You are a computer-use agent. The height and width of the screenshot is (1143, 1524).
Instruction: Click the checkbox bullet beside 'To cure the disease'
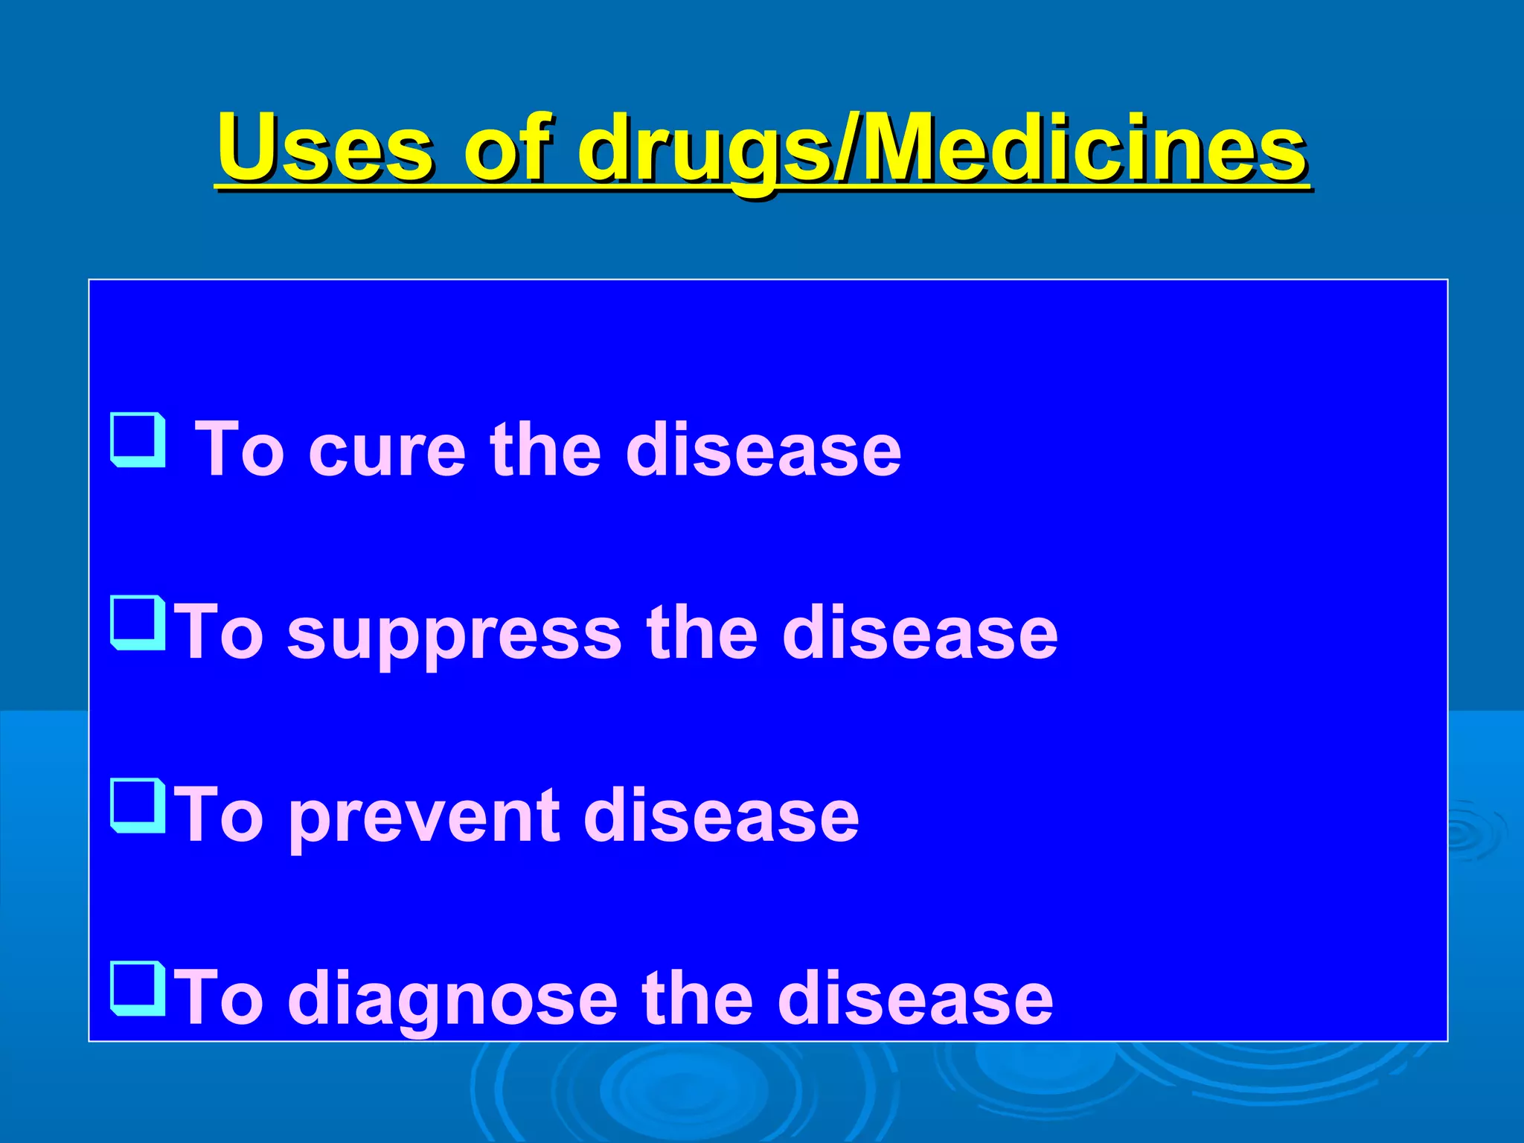[138, 440]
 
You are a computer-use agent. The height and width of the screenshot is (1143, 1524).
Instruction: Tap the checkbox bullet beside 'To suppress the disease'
[138, 623]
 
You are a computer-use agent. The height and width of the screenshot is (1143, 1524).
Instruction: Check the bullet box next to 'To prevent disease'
[138, 806]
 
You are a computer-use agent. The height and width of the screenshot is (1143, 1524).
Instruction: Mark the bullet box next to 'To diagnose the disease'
[138, 989]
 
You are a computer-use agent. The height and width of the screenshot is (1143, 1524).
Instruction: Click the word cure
[387, 450]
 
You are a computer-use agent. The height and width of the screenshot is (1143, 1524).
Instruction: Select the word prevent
[424, 816]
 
